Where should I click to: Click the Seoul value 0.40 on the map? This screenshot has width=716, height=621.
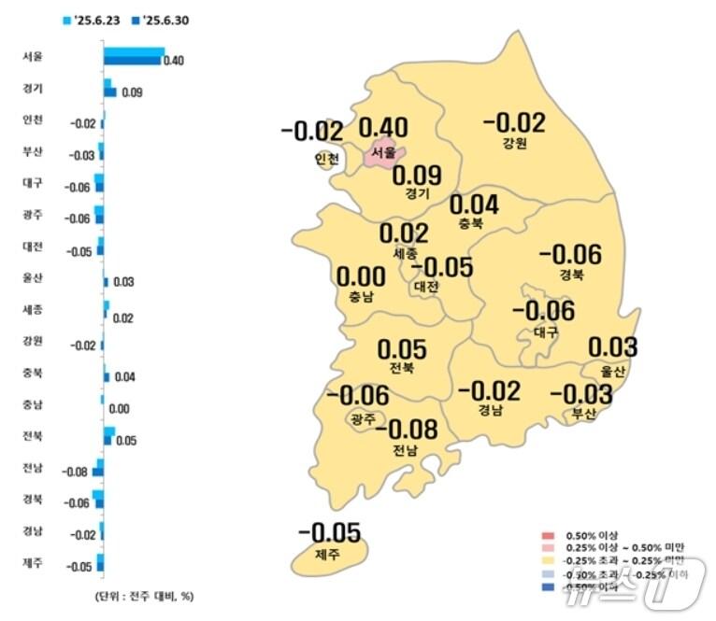tap(383, 128)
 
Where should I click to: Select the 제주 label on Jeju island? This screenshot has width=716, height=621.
tap(328, 555)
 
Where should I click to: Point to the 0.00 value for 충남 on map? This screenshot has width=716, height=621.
tap(360, 277)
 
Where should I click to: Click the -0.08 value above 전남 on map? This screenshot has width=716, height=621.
tap(412, 430)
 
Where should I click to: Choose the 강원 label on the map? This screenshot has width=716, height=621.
tap(514, 143)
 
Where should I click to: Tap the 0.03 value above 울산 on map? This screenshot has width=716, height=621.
tap(612, 347)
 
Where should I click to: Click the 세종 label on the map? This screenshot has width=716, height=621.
tap(405, 254)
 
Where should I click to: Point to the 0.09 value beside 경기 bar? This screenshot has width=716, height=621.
tap(132, 92)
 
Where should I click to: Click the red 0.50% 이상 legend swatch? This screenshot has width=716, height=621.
tap(549, 534)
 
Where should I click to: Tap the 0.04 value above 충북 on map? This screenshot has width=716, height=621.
tap(474, 205)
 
